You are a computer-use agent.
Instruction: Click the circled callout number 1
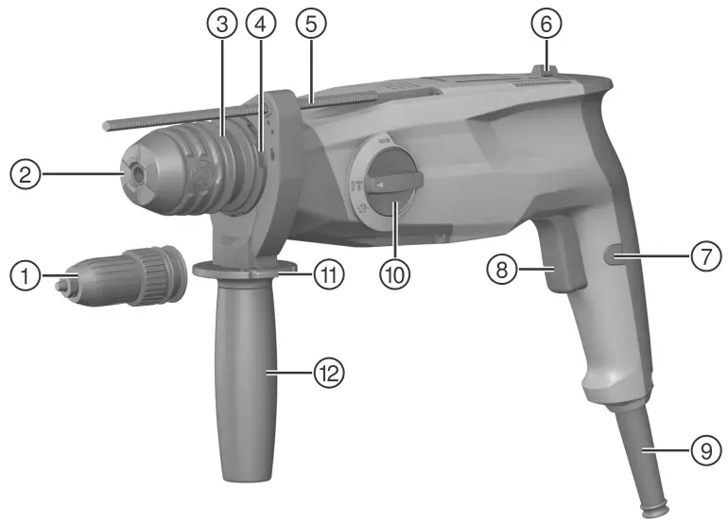pyautogui.click(x=26, y=278)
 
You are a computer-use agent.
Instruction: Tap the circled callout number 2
pyautogui.click(x=26, y=174)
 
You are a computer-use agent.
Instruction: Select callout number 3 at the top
pyautogui.click(x=220, y=26)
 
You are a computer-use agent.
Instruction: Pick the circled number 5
pyautogui.click(x=309, y=26)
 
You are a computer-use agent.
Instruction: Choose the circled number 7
pyautogui.click(x=701, y=256)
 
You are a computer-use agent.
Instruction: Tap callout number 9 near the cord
pyautogui.click(x=701, y=451)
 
